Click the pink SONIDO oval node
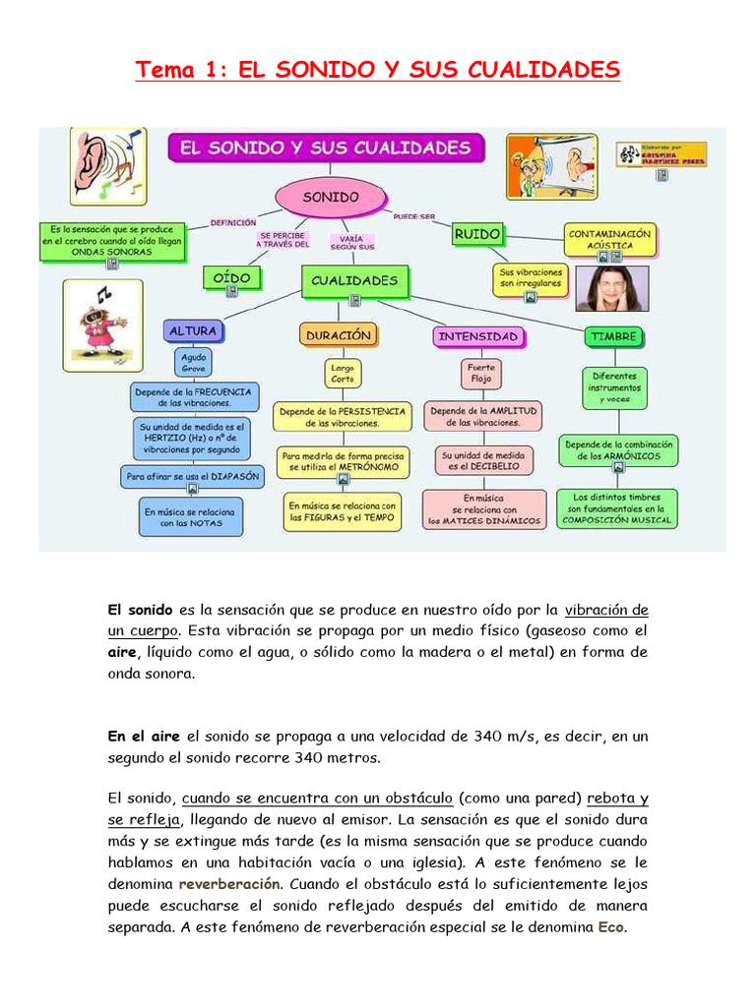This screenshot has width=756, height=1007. [x=330, y=197]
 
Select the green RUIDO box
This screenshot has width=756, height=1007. [x=476, y=234]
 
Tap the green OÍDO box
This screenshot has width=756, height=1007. [x=231, y=278]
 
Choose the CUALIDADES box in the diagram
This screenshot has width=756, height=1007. [x=354, y=280]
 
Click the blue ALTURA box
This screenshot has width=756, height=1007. [x=192, y=331]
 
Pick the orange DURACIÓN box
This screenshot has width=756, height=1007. [x=338, y=335]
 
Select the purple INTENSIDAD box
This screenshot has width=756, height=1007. [x=477, y=336]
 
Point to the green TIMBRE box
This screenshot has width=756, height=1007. [x=614, y=336]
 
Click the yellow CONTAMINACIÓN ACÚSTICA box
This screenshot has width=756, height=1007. [x=609, y=239]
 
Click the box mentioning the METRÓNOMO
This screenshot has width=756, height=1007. [x=341, y=462]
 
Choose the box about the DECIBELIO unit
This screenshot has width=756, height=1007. [x=484, y=461]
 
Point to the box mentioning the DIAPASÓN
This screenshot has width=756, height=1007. [x=193, y=476]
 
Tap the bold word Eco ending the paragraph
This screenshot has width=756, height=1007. [x=611, y=926]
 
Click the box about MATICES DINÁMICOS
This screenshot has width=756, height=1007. [x=484, y=510]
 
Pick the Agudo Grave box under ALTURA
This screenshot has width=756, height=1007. [x=193, y=364]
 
